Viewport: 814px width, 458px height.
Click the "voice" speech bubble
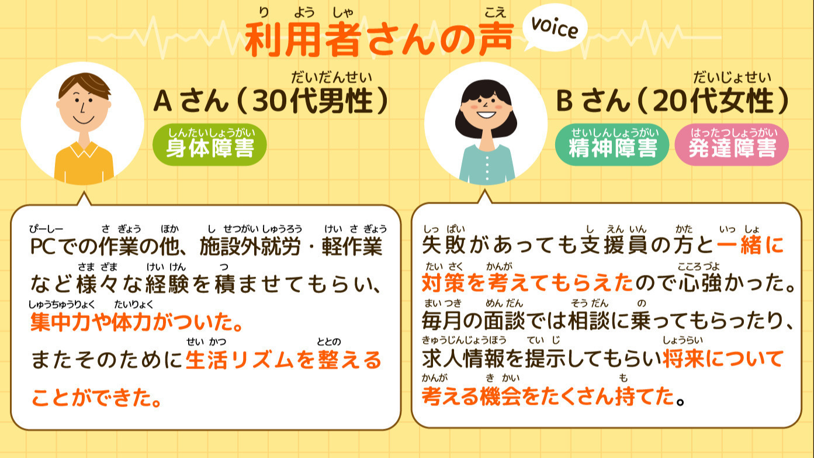(554, 29)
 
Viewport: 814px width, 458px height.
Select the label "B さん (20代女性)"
(672, 101)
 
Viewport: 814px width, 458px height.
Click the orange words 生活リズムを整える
(283, 360)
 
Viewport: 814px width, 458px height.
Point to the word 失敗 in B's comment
(443, 246)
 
